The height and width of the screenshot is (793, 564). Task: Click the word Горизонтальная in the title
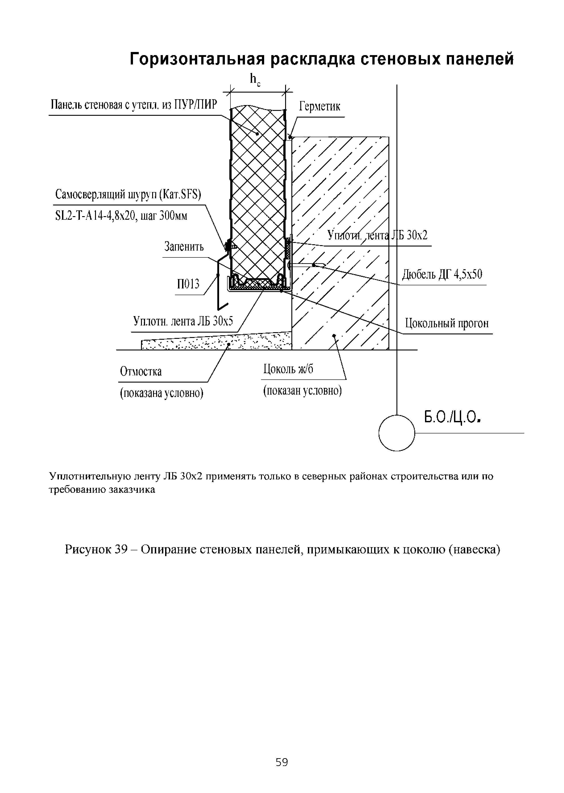click(x=197, y=59)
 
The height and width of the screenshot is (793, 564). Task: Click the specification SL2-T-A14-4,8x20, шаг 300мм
click(x=121, y=216)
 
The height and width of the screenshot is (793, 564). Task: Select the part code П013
click(x=188, y=284)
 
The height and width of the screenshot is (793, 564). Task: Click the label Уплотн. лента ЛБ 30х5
click(x=183, y=321)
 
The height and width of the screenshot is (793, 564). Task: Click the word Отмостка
click(x=141, y=371)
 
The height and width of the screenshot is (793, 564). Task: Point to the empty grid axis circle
click(x=397, y=433)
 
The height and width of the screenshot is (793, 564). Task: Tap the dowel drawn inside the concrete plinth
click(x=307, y=265)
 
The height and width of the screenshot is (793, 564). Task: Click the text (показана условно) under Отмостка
click(x=162, y=393)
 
